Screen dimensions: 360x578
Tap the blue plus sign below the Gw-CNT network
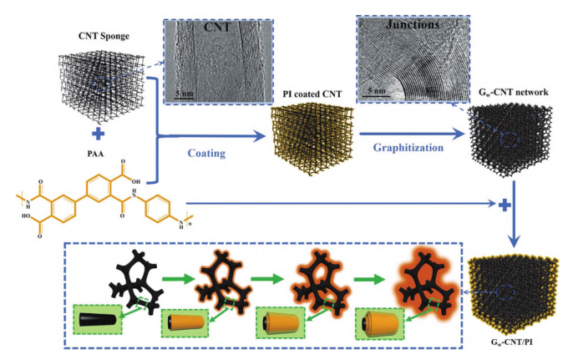504,204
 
